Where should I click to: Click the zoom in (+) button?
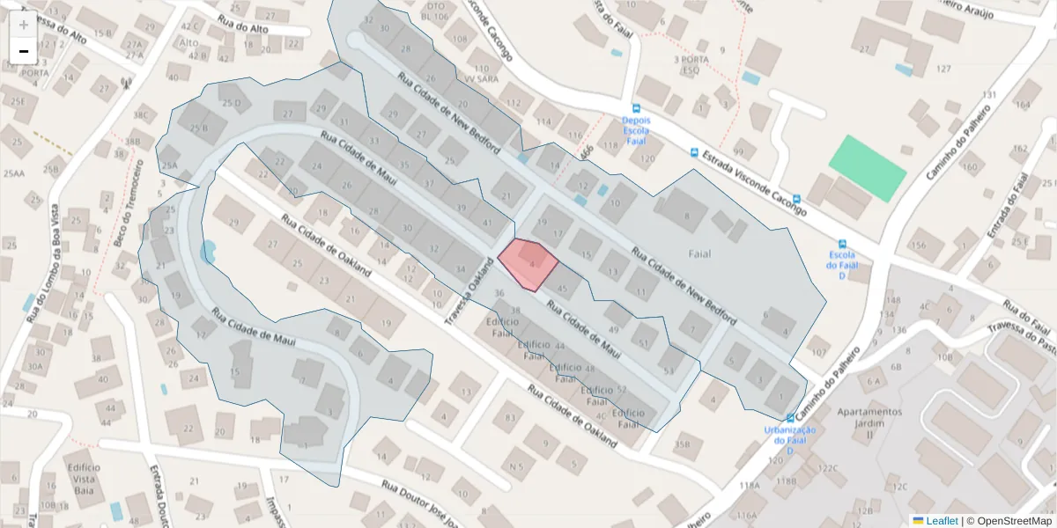[24, 25]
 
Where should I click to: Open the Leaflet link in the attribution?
[942, 521]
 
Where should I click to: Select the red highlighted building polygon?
[528, 263]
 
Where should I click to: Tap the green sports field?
[867, 167]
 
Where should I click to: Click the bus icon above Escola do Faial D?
[843, 244]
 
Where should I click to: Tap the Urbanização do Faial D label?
[789, 440]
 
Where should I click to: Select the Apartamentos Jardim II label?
[869, 422]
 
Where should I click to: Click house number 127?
[944, 69]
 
